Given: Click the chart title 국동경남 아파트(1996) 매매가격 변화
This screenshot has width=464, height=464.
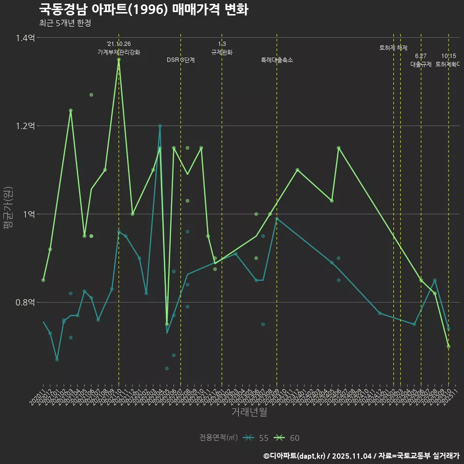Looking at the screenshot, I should pyautogui.click(x=143, y=9).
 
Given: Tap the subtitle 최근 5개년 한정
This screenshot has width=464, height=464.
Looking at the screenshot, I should pyautogui.click(x=65, y=23).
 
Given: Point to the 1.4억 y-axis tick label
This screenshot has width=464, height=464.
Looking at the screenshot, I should pyautogui.click(x=25, y=38).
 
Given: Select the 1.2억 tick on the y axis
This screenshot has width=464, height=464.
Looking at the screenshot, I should pyautogui.click(x=25, y=126).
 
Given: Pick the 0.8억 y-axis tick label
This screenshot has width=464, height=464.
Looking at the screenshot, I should pyautogui.click(x=25, y=303).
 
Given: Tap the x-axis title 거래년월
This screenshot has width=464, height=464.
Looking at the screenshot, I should pyautogui.click(x=249, y=412).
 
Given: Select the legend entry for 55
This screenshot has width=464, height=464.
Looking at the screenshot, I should pyautogui.click(x=256, y=438).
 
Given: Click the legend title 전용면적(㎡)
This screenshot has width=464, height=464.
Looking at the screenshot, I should pyautogui.click(x=218, y=438).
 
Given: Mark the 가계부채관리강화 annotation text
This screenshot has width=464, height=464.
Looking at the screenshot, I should pyautogui.click(x=119, y=52).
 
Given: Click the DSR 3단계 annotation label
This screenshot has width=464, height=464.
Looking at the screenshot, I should pyautogui.click(x=181, y=60).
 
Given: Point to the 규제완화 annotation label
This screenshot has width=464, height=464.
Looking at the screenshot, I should pyautogui.click(x=222, y=52).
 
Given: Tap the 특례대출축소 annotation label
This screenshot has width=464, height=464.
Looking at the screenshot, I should pyautogui.click(x=277, y=60).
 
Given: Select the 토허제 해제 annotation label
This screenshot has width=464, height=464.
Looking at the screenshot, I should pyautogui.click(x=393, y=48).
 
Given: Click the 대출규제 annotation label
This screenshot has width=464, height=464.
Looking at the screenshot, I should pyautogui.click(x=421, y=64).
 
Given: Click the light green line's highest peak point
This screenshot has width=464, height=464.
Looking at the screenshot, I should pyautogui.click(x=118, y=59).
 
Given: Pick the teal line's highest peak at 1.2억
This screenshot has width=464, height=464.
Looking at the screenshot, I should pyautogui.click(x=160, y=126).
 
